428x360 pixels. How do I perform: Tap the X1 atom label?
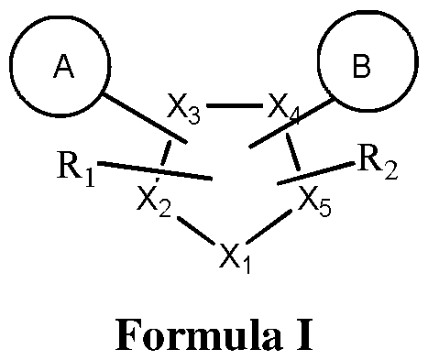click(236, 255)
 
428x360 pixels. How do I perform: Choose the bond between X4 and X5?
click(295, 151)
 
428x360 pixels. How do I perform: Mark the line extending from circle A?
click(146, 118)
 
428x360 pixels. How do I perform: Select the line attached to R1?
click(156, 171)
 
